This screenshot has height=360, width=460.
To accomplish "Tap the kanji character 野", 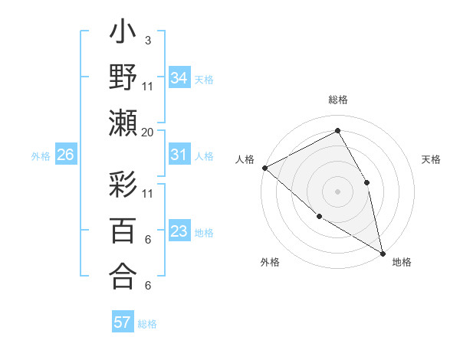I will tap(124, 78).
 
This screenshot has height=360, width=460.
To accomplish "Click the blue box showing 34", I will tap(179, 77).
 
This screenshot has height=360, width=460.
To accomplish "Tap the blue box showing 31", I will tap(179, 155).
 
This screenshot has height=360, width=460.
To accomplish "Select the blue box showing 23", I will tap(179, 231).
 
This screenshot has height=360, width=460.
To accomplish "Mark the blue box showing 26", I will tap(66, 155).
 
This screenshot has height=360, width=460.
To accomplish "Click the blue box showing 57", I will tap(123, 322).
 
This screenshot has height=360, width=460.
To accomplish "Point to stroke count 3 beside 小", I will tap(147, 40).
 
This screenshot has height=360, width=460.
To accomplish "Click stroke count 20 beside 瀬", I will tap(148, 132).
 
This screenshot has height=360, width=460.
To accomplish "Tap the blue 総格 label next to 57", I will tap(147, 324).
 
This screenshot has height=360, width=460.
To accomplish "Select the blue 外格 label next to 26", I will tap(41, 156).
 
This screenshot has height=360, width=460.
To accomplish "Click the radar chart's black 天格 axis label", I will tap(431, 160).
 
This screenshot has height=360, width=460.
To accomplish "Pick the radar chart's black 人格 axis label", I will tap(245, 160).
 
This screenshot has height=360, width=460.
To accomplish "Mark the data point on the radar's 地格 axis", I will tap(383, 253).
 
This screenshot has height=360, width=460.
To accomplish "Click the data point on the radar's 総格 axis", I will tap(337, 131).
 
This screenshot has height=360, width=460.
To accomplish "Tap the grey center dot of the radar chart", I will tap(337, 191).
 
